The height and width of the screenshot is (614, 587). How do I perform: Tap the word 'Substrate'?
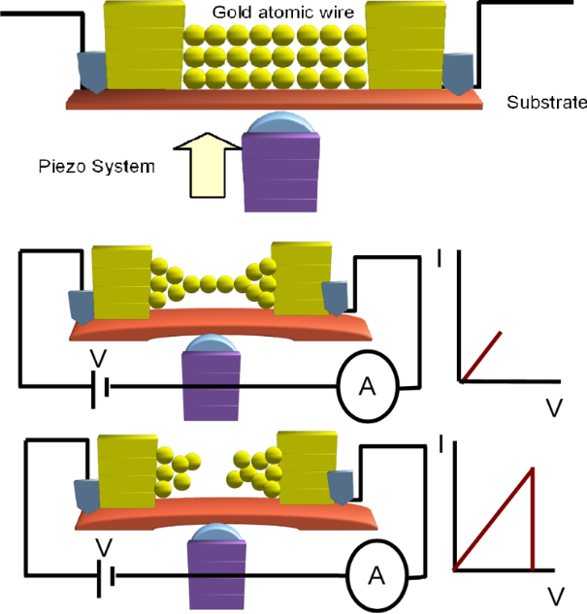click(546, 103)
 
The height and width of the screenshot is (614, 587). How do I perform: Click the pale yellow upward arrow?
click(205, 174)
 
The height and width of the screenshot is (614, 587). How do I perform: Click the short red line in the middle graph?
click(482, 356)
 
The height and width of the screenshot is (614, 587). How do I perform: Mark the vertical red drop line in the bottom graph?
click(533, 518)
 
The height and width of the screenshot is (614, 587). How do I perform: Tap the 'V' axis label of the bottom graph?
click(552, 593)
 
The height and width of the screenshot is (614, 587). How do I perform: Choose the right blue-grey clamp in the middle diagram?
click(336, 297)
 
